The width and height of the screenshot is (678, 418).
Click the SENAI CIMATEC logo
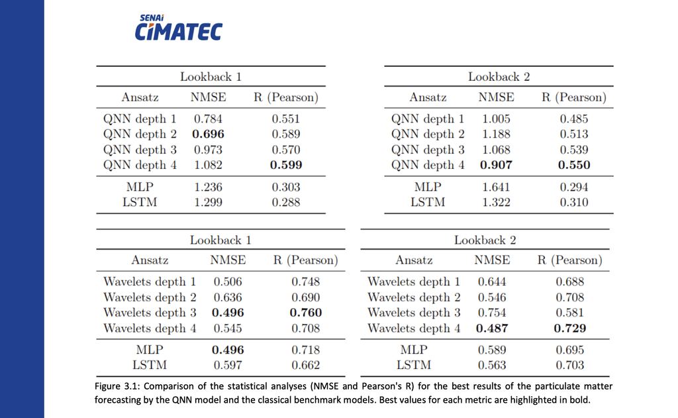(x=178, y=28)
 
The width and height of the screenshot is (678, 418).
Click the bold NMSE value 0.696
(x=209, y=134)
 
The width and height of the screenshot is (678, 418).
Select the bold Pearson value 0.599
(x=286, y=165)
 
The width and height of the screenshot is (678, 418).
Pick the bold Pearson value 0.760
(x=306, y=313)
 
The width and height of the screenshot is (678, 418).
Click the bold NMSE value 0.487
(x=492, y=328)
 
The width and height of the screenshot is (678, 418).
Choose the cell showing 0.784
(x=208, y=119)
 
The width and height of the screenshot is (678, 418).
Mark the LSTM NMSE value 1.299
(x=208, y=203)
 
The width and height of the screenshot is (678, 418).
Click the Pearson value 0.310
(x=574, y=203)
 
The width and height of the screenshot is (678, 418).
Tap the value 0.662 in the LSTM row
(x=306, y=365)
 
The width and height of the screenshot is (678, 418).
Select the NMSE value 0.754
(x=492, y=313)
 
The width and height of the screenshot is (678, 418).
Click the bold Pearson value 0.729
(x=571, y=328)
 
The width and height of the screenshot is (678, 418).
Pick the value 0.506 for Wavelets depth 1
(x=228, y=282)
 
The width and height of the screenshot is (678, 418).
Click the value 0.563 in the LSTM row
(x=492, y=365)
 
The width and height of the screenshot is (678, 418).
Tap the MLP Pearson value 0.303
(x=286, y=187)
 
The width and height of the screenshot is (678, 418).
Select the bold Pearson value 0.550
(x=574, y=165)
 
